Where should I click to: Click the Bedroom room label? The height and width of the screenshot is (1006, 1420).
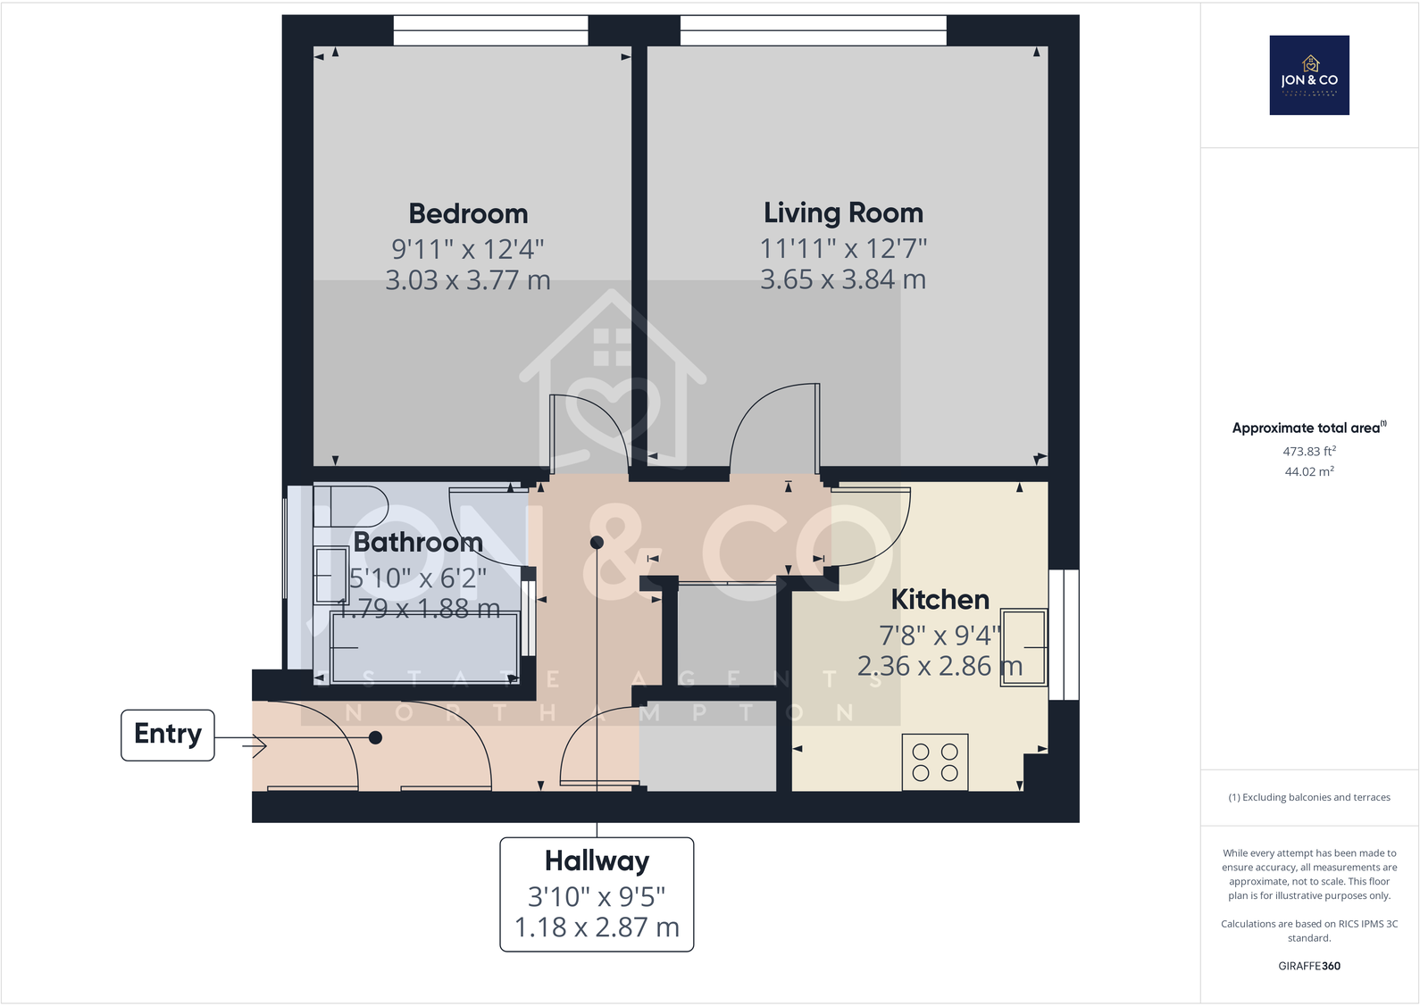468,214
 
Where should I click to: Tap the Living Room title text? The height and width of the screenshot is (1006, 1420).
843,213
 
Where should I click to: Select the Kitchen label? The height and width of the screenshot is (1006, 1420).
940,600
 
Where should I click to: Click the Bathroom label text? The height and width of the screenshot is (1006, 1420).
418,543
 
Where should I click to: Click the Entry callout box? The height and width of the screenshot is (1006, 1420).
168,735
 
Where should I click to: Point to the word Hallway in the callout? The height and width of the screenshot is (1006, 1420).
597,861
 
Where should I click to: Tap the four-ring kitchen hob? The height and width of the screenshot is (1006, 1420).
935,762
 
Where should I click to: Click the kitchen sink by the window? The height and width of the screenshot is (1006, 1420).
1023,647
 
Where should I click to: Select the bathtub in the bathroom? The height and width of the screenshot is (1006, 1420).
424,648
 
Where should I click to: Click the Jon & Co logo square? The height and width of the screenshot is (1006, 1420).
1309,76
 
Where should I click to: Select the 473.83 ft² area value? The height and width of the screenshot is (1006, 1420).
1309,452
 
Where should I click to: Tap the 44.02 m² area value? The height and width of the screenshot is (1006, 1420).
1309,472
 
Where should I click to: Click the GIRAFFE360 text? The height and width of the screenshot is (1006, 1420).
1309,966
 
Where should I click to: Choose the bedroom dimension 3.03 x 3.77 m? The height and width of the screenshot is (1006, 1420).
468,281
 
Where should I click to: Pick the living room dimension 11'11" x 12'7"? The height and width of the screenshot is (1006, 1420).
843,248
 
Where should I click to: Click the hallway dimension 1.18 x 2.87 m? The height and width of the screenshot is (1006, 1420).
597,928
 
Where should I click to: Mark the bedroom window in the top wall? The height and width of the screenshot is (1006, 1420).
490,30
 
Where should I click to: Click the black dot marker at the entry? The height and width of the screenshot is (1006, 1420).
376,737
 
